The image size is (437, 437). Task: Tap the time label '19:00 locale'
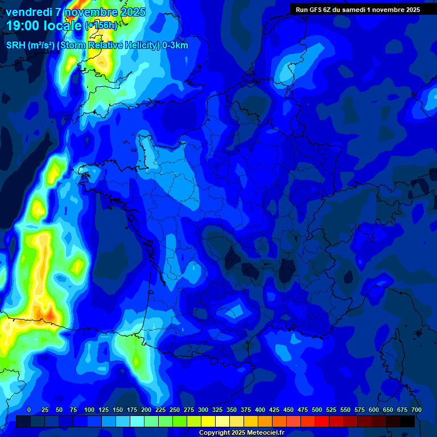tap(44, 26)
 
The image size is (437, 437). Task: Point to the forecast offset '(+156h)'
tap(101, 26)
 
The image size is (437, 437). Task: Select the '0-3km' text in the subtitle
tap(175, 46)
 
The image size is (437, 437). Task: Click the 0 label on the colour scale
tap(29, 410)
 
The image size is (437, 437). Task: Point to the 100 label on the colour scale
tap(89, 410)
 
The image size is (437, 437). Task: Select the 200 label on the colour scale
tap(146, 410)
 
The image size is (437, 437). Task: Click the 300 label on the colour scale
tap(203, 410)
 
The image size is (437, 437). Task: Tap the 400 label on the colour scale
tap(260, 410)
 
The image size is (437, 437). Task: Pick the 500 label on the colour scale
tap(317, 410)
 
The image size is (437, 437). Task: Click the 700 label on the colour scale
tap(416, 410)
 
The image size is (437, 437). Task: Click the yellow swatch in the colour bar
tap(208, 422)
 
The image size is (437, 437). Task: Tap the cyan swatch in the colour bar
tap(137, 422)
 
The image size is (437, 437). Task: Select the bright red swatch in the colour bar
tap(322, 422)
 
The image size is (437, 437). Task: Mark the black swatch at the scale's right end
tap(407, 422)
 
